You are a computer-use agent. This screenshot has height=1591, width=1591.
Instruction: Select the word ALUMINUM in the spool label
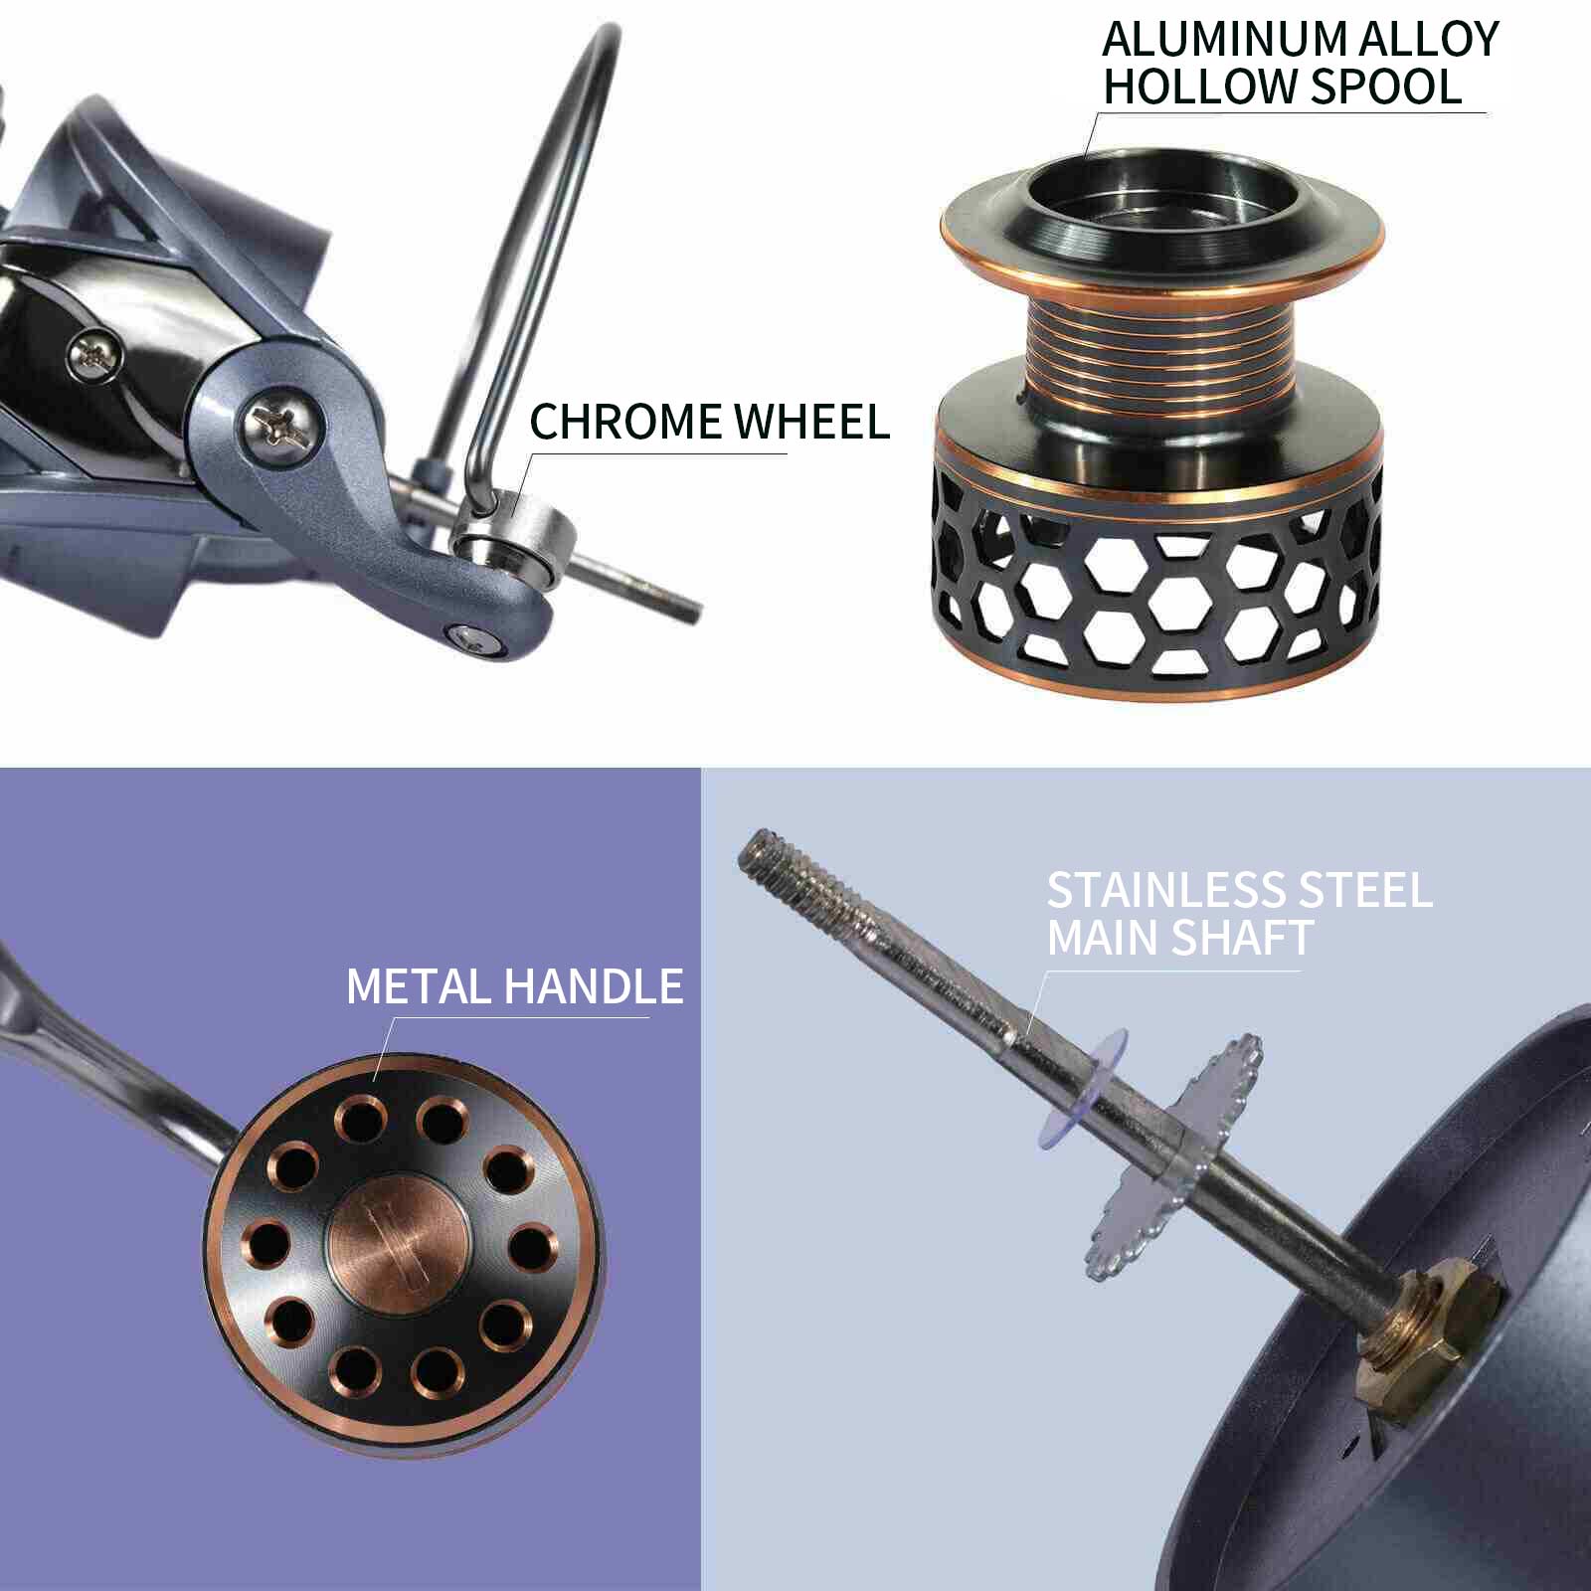pos(1223,40)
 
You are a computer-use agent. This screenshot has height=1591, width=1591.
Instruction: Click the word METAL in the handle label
pos(419,986)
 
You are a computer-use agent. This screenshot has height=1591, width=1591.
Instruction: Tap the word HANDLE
pos(594,986)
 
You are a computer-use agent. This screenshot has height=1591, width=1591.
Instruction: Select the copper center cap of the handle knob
pos(398,1248)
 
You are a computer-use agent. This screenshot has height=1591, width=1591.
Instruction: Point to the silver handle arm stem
pos(119,1074)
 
